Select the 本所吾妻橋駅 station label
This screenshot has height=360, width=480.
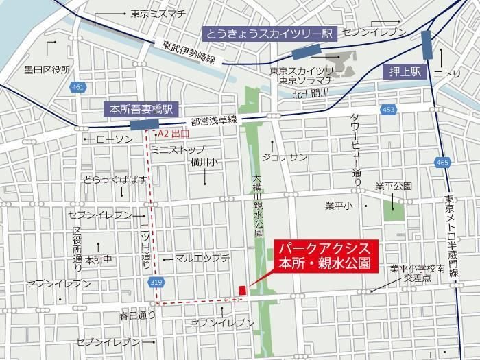tap(141, 108)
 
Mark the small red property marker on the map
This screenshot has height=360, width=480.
tap(241, 291)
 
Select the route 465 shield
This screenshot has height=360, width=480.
tap(442, 162)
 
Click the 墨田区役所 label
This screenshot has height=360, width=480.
tap(47, 69)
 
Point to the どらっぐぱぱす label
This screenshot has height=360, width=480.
tap(115, 180)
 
